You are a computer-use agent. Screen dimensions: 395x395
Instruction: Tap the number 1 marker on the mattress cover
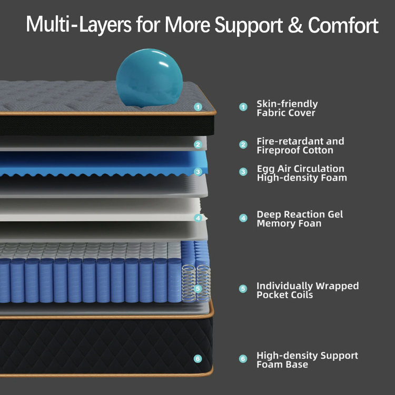198,107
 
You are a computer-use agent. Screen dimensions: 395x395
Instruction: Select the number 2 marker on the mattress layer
198,144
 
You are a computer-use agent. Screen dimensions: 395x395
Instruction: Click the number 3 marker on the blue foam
198,172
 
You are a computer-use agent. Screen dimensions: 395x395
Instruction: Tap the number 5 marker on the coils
198,289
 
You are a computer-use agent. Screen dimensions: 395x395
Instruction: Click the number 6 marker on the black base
198,359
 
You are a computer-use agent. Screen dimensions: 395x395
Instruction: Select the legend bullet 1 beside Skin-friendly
243,107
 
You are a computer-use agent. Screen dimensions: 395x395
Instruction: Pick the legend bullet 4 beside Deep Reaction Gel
243,218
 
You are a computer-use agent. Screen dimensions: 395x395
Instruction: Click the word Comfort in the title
343,25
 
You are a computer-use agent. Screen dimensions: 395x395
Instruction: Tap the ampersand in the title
296,25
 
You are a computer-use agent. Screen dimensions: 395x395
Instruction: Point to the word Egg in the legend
265,169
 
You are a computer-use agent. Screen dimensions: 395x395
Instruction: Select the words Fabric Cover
286,113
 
